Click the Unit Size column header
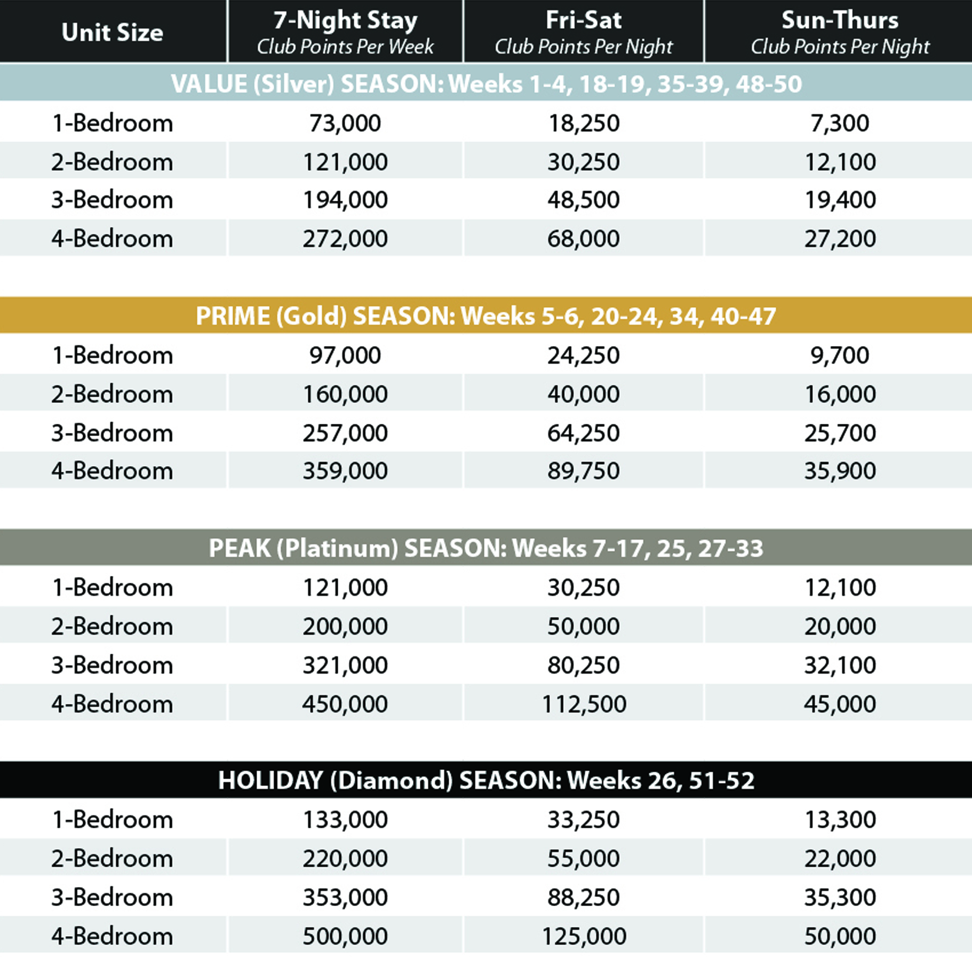click(112, 33)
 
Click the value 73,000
click(345, 123)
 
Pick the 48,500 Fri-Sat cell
click(584, 200)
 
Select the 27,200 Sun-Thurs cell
click(840, 239)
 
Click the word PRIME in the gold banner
click(231, 316)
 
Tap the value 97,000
click(345, 356)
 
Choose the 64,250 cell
click(584, 433)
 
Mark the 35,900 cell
click(840, 471)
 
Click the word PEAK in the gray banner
click(240, 548)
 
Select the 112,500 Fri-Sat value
click(584, 704)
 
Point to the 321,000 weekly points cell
click(345, 665)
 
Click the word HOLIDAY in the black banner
click(270, 780)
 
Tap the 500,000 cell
click(345, 936)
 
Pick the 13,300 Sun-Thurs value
click(840, 820)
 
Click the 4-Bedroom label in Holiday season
click(112, 936)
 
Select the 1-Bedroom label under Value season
click(112, 123)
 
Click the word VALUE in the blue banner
click(209, 84)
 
